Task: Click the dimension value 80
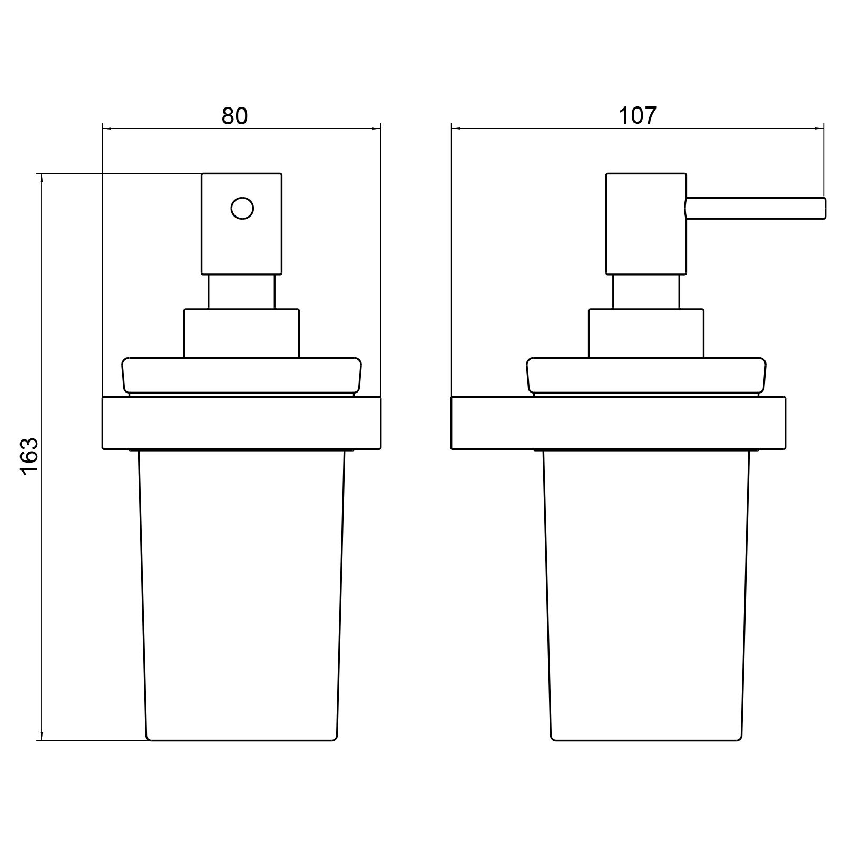[234, 116]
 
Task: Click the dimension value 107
[638, 116]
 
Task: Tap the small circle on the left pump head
[242, 209]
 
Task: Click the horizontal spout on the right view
[755, 208]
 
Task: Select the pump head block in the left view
[242, 224]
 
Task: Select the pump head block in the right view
[646, 224]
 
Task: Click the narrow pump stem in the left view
[242, 292]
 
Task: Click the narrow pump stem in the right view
[646, 292]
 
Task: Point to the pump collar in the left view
[241, 334]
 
